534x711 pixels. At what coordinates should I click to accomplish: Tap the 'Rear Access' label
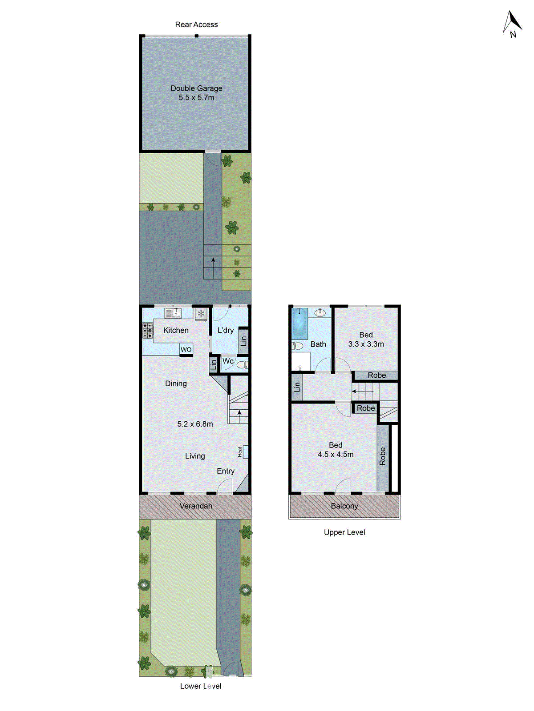(x=196, y=25)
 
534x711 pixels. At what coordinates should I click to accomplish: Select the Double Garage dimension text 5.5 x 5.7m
(x=196, y=98)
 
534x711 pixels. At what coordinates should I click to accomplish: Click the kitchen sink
(x=173, y=313)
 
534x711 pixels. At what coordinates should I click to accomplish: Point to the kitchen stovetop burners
(x=148, y=331)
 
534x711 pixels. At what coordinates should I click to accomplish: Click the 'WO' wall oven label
(x=186, y=350)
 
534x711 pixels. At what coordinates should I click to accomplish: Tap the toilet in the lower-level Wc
(x=242, y=365)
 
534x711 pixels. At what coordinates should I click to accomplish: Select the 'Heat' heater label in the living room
(x=240, y=452)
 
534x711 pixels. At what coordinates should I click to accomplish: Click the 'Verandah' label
(x=196, y=506)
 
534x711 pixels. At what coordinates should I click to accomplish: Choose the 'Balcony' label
(x=344, y=506)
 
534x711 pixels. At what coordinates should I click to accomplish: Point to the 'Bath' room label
(x=318, y=344)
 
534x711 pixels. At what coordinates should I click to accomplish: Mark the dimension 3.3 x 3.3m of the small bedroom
(x=366, y=344)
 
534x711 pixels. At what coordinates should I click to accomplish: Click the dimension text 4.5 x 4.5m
(x=336, y=455)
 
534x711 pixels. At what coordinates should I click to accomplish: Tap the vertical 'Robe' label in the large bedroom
(x=383, y=456)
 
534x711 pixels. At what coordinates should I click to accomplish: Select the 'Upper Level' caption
(x=344, y=532)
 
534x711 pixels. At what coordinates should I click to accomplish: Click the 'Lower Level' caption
(x=201, y=686)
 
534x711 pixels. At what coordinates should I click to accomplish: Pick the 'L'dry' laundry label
(x=226, y=331)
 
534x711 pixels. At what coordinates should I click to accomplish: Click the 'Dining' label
(x=176, y=383)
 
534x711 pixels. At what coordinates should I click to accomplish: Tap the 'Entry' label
(x=226, y=471)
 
